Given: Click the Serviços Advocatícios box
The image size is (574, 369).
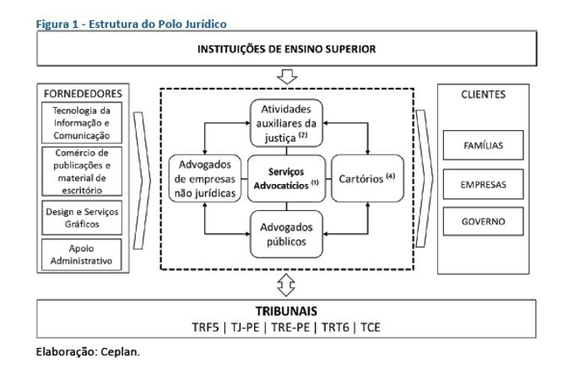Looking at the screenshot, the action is pos(286,178).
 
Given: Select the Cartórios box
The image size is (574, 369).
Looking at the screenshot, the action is pos(367,178).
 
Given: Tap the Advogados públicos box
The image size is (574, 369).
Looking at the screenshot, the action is pos(286,234).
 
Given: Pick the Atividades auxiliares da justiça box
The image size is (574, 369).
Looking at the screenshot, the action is pos(286,123).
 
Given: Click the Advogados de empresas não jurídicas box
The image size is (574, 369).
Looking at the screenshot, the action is pos(204,178).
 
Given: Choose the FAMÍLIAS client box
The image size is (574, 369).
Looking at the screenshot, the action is pos(483,145).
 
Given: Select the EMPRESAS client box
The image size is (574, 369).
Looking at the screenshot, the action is pos(483,184).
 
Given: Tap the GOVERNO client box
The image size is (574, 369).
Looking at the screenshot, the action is pos(483,221).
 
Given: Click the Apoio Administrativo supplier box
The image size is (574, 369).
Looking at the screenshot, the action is pos(82,255).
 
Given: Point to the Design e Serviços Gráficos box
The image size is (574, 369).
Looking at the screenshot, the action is pos(82,218).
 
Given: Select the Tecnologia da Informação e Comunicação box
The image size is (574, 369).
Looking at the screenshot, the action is pos(82,122).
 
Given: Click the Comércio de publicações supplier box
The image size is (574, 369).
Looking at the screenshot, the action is pos(82,171).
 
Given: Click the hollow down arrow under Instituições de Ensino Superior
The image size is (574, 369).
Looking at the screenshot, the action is pos(287,77).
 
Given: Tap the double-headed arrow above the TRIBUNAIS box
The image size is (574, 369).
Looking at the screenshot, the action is pos(286,285).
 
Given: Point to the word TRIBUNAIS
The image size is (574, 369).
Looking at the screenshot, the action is pos(286,312).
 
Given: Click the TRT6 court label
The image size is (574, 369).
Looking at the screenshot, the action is pos(335,327).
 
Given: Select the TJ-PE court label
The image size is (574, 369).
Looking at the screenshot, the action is pos(245,327).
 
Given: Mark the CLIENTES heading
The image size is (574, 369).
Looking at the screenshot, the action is pos(483,95).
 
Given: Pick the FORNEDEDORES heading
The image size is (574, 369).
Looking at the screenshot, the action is pos(83,94).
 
